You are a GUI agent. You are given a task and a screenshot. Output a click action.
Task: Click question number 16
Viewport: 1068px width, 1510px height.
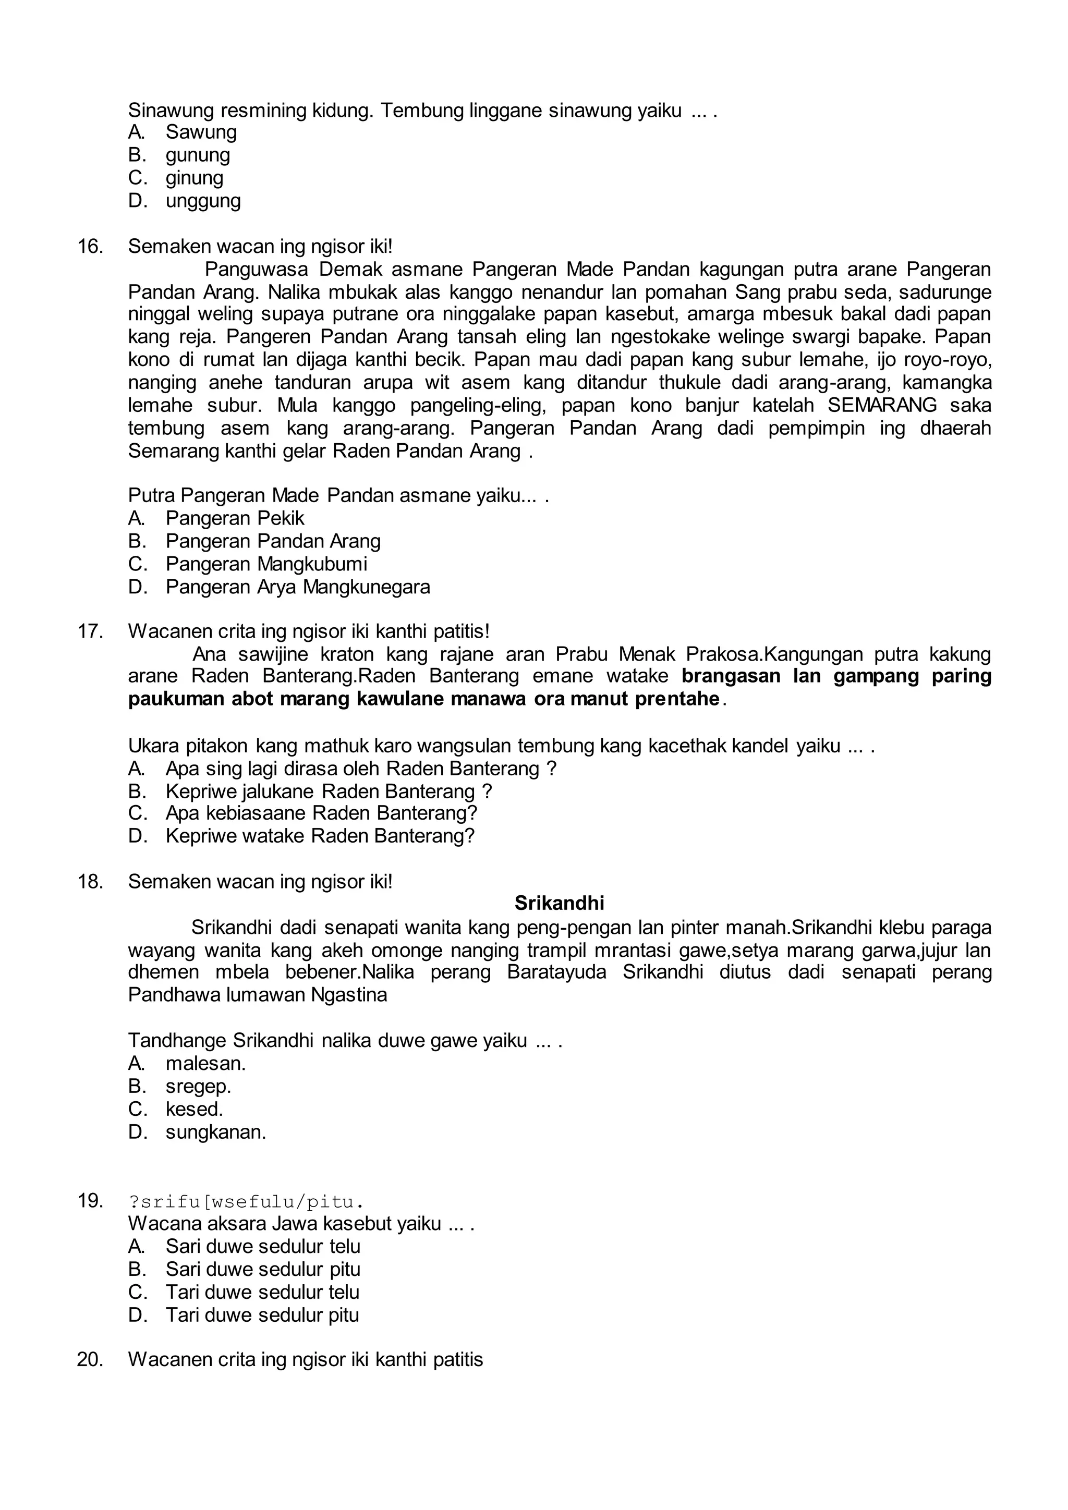(x=90, y=247)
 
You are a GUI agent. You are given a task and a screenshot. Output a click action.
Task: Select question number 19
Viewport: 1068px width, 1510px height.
(x=90, y=1201)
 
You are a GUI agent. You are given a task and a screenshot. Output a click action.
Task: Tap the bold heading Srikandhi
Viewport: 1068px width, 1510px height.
(x=559, y=903)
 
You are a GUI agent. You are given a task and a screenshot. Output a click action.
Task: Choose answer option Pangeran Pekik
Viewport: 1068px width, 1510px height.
(x=235, y=518)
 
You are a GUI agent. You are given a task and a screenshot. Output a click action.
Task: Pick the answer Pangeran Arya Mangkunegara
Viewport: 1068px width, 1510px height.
(x=297, y=587)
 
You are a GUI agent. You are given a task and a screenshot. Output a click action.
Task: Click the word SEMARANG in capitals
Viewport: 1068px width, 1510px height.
(x=882, y=405)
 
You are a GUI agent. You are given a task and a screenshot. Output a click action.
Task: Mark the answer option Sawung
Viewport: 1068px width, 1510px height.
(x=201, y=132)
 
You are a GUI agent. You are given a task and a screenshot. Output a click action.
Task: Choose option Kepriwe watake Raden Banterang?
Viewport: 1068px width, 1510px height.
(x=320, y=836)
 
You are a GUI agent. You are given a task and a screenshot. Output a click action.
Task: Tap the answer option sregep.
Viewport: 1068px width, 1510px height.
(x=198, y=1086)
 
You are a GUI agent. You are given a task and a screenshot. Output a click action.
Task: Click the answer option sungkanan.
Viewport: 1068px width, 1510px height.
(x=216, y=1132)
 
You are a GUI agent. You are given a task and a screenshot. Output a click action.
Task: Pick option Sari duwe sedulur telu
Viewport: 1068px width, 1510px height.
(x=262, y=1246)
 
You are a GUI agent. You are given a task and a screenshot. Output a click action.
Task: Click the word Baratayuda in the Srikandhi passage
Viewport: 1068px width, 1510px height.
(x=556, y=972)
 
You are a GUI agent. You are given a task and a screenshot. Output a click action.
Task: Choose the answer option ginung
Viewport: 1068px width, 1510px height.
(x=194, y=178)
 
